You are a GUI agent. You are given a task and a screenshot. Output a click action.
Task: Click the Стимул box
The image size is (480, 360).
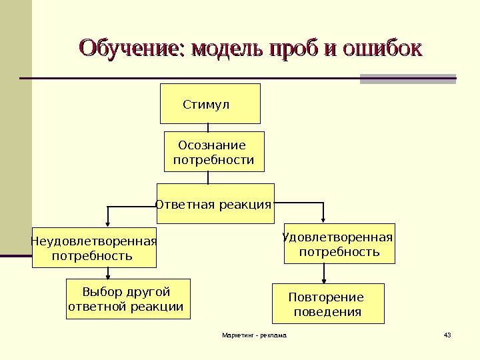point(210,104)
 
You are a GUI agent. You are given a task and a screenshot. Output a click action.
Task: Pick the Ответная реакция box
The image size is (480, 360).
point(215,204)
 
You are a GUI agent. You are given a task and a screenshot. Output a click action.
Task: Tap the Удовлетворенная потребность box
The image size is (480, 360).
point(339,243)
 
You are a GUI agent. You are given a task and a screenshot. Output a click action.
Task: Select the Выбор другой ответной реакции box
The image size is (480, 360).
point(127,299)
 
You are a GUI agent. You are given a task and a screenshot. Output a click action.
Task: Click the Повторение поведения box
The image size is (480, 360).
point(328,304)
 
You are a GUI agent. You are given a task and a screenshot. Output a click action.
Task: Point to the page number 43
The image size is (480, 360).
point(447,334)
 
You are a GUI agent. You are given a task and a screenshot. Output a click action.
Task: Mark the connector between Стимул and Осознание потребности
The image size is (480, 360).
point(209,128)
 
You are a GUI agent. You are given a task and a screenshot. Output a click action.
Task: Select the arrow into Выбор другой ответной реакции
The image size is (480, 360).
point(109,273)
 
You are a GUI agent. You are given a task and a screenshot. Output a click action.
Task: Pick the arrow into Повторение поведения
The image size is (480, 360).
point(325,275)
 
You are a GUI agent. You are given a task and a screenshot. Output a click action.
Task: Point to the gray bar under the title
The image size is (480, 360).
point(407,79)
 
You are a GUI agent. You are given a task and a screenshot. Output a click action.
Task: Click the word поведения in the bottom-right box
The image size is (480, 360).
point(328,311)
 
